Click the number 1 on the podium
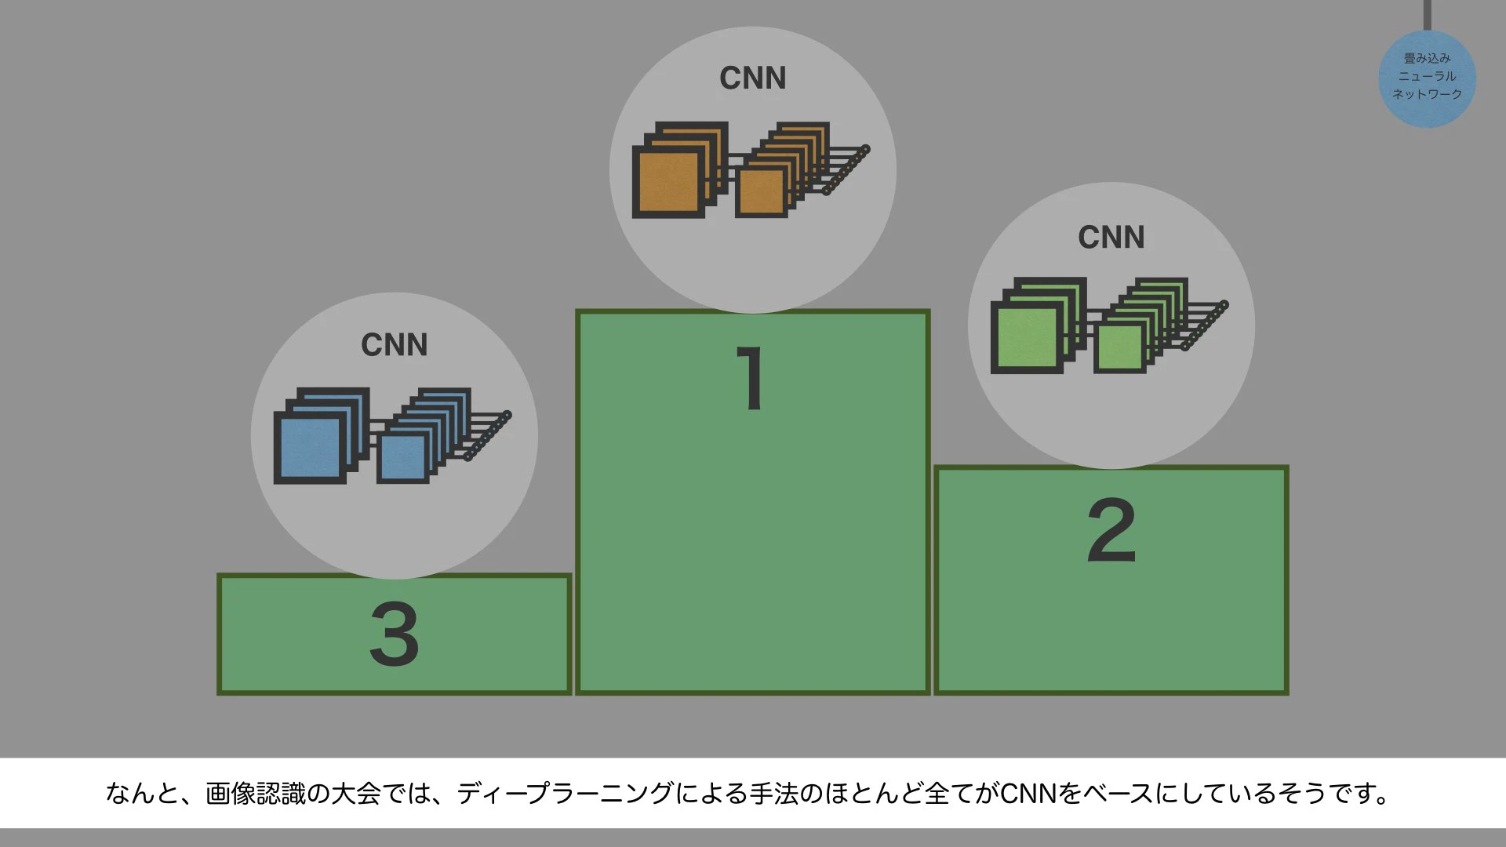coord(751,378)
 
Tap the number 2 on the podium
coord(1111,530)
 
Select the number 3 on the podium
coord(394,634)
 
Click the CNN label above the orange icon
coord(753,78)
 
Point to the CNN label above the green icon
coord(1111,238)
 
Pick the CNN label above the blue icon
coord(395,345)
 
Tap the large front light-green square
coord(1027,338)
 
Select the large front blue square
coord(309,448)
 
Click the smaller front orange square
coord(761,192)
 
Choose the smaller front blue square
coord(402,458)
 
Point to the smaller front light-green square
coord(1120,347)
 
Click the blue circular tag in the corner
coord(1428,78)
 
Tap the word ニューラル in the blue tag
coord(1428,76)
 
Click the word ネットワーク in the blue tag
coord(1428,94)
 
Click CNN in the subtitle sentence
coord(1029,794)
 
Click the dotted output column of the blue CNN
coord(487,436)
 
